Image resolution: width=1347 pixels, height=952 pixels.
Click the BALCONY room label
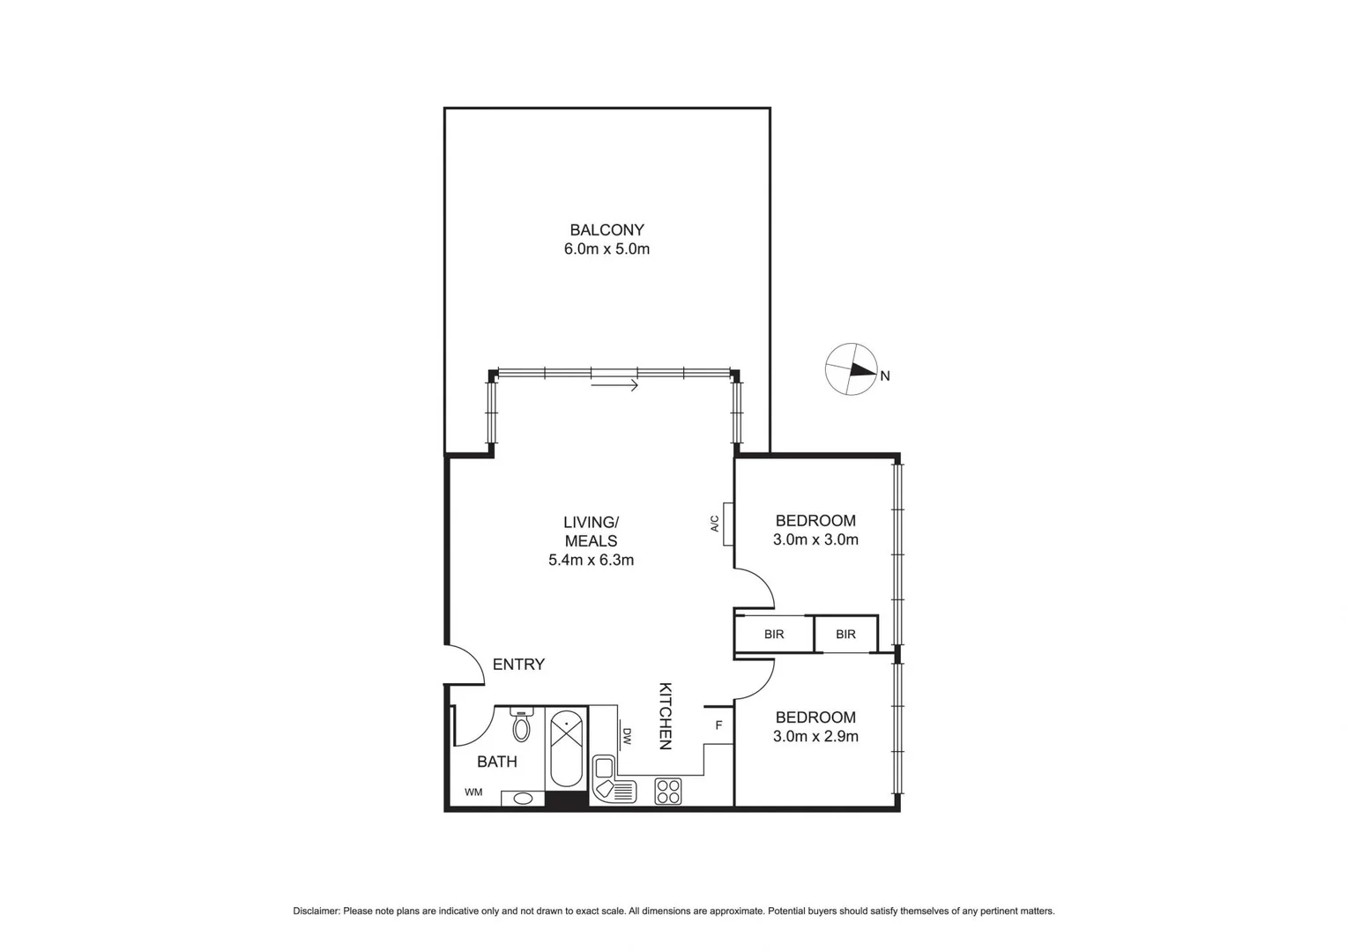pos(607,230)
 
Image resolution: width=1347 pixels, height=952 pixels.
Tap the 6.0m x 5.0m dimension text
pos(607,249)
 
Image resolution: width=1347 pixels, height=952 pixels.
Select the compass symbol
pos(851,369)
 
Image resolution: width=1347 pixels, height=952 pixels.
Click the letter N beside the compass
pos(885,376)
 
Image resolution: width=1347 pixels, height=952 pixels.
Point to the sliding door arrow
pos(614,384)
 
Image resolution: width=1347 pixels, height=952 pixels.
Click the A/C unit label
pos(715,524)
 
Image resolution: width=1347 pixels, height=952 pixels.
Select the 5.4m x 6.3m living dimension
pos(591,560)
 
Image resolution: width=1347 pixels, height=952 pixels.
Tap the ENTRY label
pos(518,665)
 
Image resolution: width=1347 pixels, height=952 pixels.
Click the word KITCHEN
pos(666,716)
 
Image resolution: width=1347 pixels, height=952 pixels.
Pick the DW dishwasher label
pos(628,736)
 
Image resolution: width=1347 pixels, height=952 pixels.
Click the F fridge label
pos(718,725)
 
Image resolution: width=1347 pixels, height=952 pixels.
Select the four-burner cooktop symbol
pos(668,791)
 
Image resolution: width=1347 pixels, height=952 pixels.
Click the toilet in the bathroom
pos(522,725)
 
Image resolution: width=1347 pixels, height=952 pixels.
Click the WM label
pos(473,792)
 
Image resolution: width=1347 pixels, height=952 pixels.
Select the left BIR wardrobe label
pos(774,635)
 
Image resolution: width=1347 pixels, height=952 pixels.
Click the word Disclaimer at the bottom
pos(316,911)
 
